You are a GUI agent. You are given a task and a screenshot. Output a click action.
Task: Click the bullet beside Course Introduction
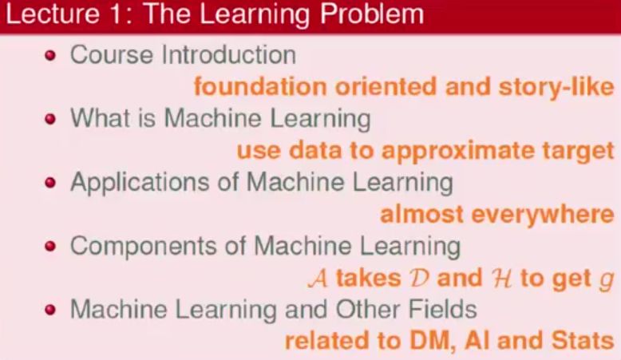[x=52, y=56]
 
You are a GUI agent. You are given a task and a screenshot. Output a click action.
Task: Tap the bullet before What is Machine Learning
[x=52, y=120]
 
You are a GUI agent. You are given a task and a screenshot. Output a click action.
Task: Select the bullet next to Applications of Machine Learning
[x=52, y=183]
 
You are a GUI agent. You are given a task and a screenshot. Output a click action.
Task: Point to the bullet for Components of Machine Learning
[x=52, y=247]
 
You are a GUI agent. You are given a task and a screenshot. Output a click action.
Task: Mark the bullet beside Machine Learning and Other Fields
[x=52, y=310]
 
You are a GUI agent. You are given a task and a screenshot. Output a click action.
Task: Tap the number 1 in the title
[x=112, y=16]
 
